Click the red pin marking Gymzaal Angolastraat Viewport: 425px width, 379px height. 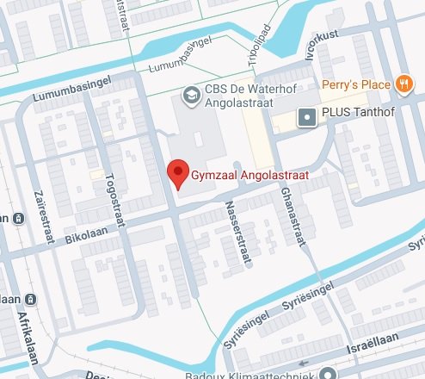[177, 171]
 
